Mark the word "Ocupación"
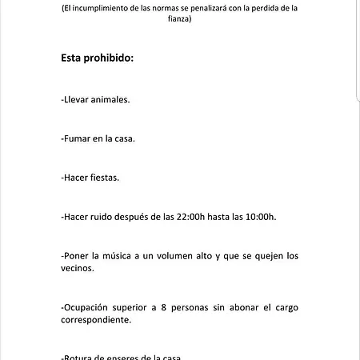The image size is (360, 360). [89, 307]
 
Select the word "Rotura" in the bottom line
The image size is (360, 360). [78, 357]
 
